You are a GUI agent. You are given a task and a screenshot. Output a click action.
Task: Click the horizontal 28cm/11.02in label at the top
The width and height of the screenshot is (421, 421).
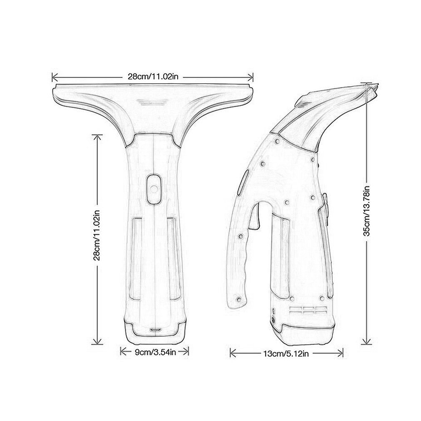[153, 77]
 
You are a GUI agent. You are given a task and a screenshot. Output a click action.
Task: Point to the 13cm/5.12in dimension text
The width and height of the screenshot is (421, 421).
[286, 354]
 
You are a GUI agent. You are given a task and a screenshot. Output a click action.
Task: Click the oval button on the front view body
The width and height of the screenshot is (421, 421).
[153, 189]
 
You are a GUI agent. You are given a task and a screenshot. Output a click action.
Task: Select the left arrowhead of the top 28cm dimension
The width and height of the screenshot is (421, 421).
[53, 77]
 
